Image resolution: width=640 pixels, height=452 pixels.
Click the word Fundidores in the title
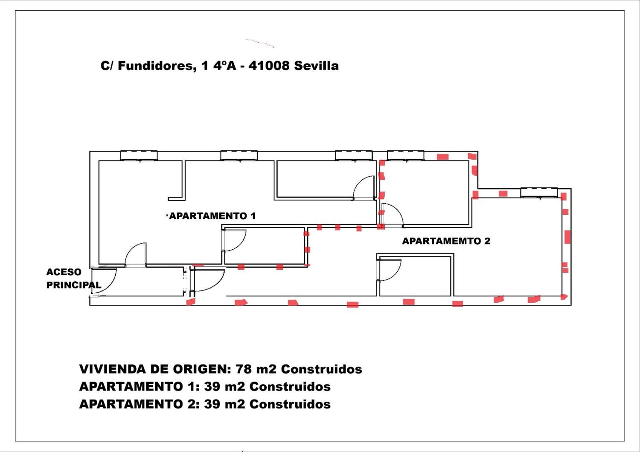pyautogui.click(x=155, y=66)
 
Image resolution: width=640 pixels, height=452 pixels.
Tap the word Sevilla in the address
pyautogui.click(x=316, y=66)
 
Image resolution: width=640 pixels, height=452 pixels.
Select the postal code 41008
pyautogui.click(x=269, y=66)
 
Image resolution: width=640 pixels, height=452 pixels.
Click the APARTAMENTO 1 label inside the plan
pyautogui.click(x=212, y=216)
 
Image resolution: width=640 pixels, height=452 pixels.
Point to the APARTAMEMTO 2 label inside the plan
pyautogui.click(x=446, y=241)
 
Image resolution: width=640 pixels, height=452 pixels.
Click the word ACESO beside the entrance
pyautogui.click(x=64, y=272)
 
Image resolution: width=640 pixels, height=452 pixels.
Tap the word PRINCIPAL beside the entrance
pyautogui.click(x=74, y=285)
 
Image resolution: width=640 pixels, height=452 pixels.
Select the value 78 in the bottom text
pyautogui.click(x=244, y=369)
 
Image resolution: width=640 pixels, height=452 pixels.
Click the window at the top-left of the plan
pyautogui.click(x=139, y=155)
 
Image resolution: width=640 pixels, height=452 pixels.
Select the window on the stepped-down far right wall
pyautogui.click(x=539, y=192)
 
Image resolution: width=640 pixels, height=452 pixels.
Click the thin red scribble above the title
pyautogui.click(x=260, y=43)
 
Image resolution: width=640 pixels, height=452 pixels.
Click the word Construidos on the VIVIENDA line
pyautogui.click(x=322, y=369)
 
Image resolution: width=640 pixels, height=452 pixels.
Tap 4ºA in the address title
pyautogui.click(x=224, y=66)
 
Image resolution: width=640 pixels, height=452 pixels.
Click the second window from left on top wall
pyautogui.click(x=239, y=155)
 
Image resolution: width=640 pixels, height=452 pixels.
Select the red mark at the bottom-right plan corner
pyautogui.click(x=564, y=297)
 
